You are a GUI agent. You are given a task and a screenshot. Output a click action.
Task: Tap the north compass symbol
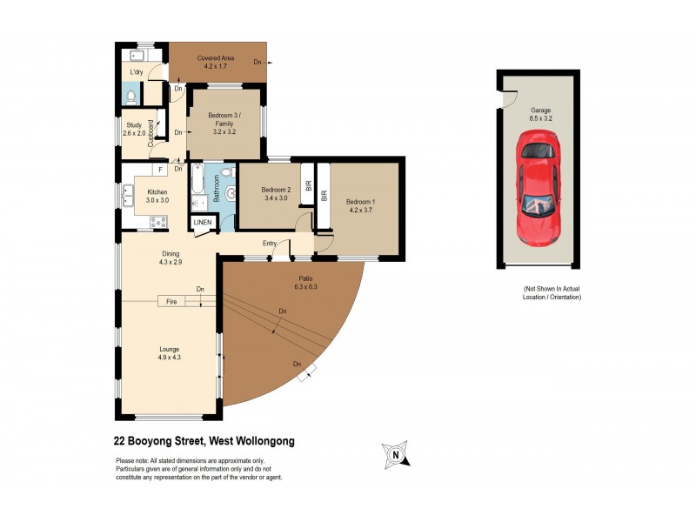point(395,453)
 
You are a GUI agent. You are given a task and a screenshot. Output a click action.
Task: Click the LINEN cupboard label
point(202,223)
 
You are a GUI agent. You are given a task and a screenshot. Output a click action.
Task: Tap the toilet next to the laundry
point(130,97)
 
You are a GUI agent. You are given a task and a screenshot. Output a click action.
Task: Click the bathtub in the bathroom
point(197,183)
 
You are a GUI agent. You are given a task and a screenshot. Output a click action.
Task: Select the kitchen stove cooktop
point(159,222)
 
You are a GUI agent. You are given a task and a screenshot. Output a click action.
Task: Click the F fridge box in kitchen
point(160,170)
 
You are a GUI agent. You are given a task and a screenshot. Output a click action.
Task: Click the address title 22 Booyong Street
point(204,441)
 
